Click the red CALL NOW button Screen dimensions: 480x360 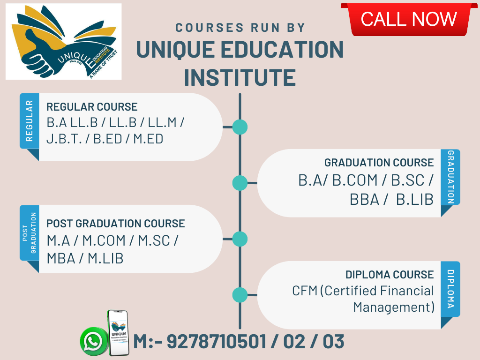(409, 19)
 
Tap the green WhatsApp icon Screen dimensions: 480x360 (92, 341)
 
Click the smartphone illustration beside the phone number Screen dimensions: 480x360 (119, 333)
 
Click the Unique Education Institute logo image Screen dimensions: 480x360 (64, 42)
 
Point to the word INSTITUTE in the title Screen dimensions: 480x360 (240, 77)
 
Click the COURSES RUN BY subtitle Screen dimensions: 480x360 (240, 28)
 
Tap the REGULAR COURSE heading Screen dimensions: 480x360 (92, 107)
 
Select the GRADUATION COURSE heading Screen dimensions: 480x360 (379, 163)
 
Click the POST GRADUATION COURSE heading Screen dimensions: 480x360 (115, 224)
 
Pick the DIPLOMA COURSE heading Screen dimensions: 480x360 (390, 275)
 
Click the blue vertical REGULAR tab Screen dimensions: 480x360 (30, 121)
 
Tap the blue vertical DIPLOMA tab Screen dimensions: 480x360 (450, 289)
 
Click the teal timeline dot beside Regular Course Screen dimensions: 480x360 (240, 127)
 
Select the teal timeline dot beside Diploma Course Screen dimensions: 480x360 (240, 295)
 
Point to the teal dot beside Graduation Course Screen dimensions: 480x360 (240, 183)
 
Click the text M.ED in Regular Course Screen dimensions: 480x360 (148, 139)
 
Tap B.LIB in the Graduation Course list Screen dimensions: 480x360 (415, 200)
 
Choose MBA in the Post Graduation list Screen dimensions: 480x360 (61, 259)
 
